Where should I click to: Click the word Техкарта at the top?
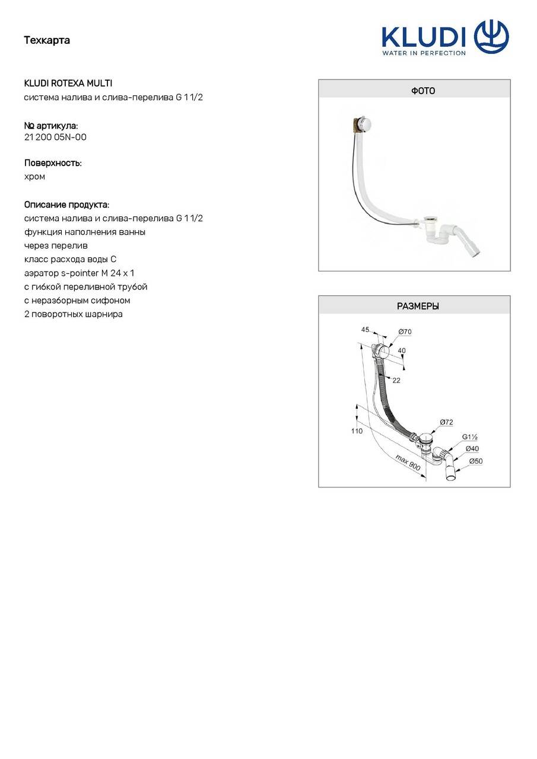point(47,40)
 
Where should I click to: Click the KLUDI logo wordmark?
point(423,37)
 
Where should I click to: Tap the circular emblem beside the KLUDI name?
point(491,37)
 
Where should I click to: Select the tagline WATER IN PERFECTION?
point(423,53)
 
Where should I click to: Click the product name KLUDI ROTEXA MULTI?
point(68,84)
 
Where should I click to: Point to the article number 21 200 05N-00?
point(55,137)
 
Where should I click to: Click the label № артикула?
point(51,126)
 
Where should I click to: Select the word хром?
point(34,176)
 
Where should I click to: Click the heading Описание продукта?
point(66,205)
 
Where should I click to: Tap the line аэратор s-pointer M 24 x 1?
point(79,273)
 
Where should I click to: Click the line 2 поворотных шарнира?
point(73,314)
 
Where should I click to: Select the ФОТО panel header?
point(414,91)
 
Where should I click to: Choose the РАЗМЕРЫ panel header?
point(414,307)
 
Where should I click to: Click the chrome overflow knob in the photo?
point(367,123)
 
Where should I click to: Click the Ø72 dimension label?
point(446,422)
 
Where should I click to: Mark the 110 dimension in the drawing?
point(357,431)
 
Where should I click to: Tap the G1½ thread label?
point(471,437)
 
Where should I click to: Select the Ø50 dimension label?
point(476,461)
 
